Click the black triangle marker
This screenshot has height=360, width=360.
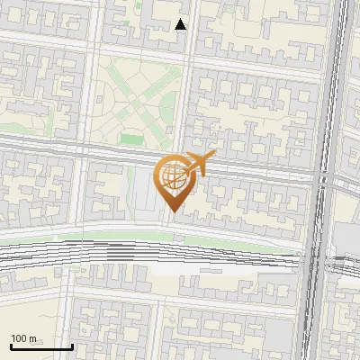click(181, 24)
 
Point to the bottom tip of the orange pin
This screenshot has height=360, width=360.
click(172, 212)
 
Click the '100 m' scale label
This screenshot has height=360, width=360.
click(23, 338)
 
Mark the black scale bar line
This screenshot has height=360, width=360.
click(41, 346)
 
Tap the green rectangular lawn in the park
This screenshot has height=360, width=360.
click(132, 139)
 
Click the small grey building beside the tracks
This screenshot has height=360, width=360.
click(212, 268)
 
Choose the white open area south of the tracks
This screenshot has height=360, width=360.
click(180, 268)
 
